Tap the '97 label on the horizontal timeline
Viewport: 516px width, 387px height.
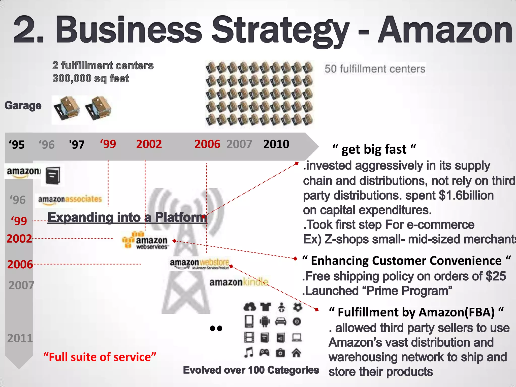coord(77,145)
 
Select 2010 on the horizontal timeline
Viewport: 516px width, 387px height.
coord(276,144)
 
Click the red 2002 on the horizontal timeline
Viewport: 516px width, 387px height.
coord(149,144)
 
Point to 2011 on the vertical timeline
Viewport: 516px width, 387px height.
coord(20,338)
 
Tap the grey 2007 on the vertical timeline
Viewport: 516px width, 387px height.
coord(21,285)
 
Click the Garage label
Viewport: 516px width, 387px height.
coord(23,106)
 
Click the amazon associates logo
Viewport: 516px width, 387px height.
coord(70,200)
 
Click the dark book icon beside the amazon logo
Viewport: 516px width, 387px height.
coord(53,175)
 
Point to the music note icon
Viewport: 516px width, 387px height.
coord(249,352)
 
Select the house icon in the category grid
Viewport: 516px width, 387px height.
coord(297,353)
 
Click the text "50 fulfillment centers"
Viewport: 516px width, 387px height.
coord(375,69)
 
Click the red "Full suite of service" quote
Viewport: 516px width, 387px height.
coord(100,357)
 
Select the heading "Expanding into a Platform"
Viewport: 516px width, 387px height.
coord(127,217)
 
